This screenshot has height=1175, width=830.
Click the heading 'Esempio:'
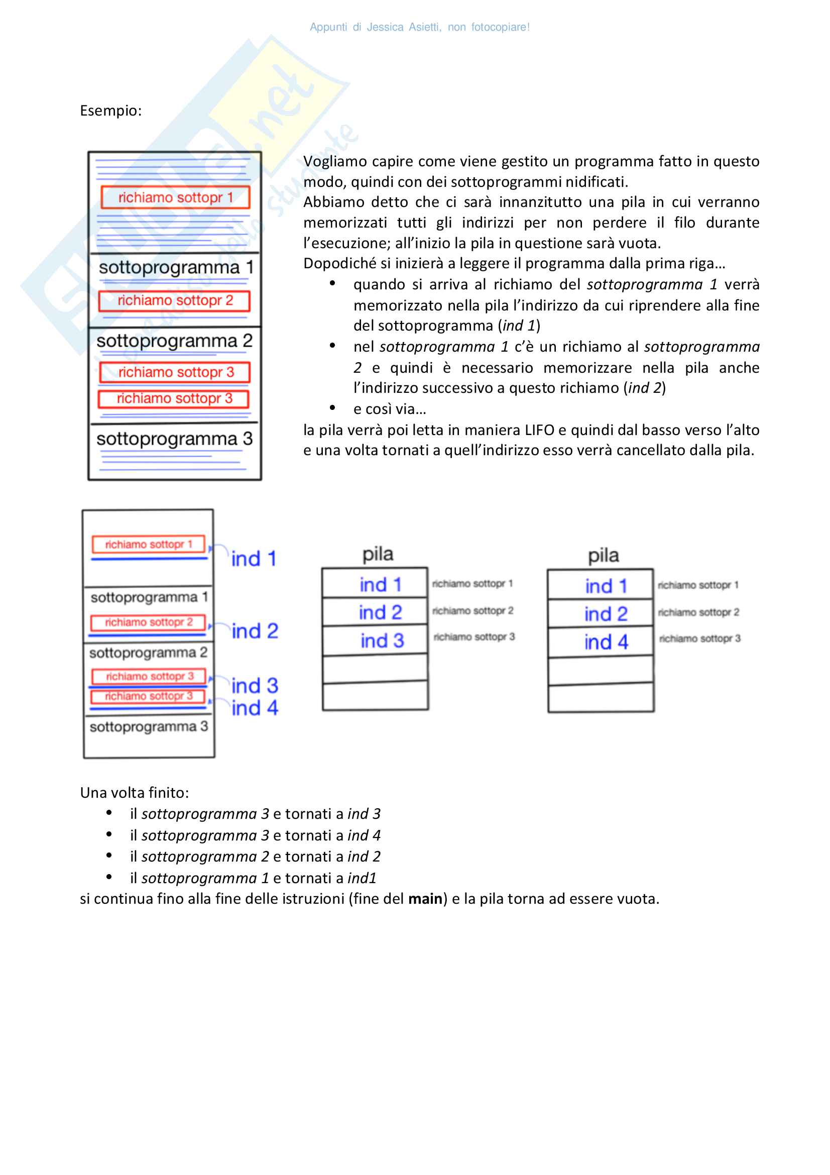[x=110, y=111]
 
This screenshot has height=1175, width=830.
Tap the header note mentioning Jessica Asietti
[x=419, y=27]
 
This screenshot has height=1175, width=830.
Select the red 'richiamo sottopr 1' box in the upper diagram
[x=175, y=197]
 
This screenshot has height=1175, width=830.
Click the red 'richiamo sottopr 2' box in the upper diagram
[x=175, y=300]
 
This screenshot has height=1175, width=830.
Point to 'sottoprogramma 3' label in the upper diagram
[x=174, y=439]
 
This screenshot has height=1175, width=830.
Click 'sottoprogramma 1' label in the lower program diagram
[x=149, y=597]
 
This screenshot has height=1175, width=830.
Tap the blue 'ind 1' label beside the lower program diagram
[x=254, y=559]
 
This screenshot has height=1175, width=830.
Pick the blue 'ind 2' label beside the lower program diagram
[x=255, y=631]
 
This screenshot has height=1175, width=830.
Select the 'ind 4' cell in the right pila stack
[x=606, y=643]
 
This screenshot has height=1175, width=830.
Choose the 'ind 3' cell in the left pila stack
[x=382, y=640]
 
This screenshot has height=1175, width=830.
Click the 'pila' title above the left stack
[x=378, y=554]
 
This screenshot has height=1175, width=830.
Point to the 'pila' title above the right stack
[x=604, y=556]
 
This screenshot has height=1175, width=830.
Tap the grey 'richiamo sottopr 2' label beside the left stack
[x=473, y=610]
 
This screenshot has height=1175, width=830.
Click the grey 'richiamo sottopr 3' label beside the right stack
[x=699, y=638]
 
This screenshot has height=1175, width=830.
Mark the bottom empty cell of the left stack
[x=376, y=695]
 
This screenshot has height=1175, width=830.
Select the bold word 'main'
[x=425, y=899]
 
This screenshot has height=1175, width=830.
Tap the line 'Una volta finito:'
[x=135, y=793]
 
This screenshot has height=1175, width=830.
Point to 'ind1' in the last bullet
[x=362, y=878]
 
